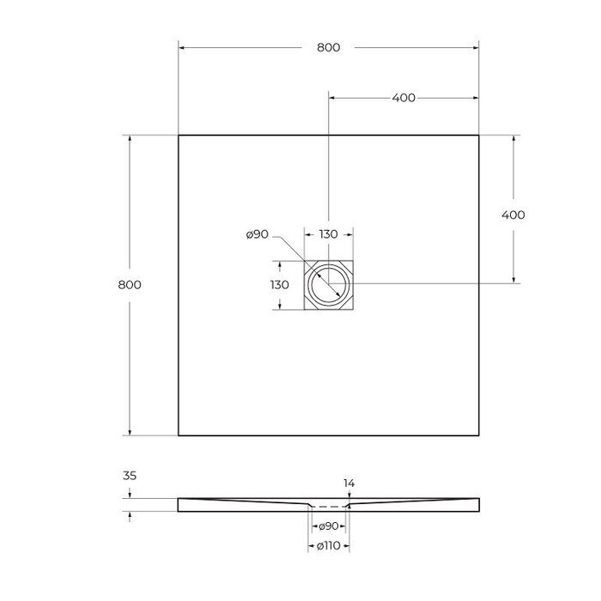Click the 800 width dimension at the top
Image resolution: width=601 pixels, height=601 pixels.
pyautogui.click(x=329, y=47)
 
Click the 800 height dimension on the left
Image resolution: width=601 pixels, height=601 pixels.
pyautogui.click(x=130, y=285)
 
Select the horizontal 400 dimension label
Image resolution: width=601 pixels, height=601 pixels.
pyautogui.click(x=404, y=98)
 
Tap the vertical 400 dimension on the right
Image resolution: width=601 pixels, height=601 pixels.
pyautogui.click(x=513, y=215)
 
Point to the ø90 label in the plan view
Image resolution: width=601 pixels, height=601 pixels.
pyautogui.click(x=258, y=234)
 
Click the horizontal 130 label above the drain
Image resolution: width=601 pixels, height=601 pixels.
pyautogui.click(x=329, y=234)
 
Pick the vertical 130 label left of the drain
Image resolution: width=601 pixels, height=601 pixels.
pyautogui.click(x=279, y=285)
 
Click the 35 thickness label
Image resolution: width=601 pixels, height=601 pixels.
pyautogui.click(x=130, y=476)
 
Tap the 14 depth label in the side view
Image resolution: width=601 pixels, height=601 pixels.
pyautogui.click(x=349, y=483)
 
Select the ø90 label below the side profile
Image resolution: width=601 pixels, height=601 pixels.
pyautogui.click(x=329, y=526)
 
